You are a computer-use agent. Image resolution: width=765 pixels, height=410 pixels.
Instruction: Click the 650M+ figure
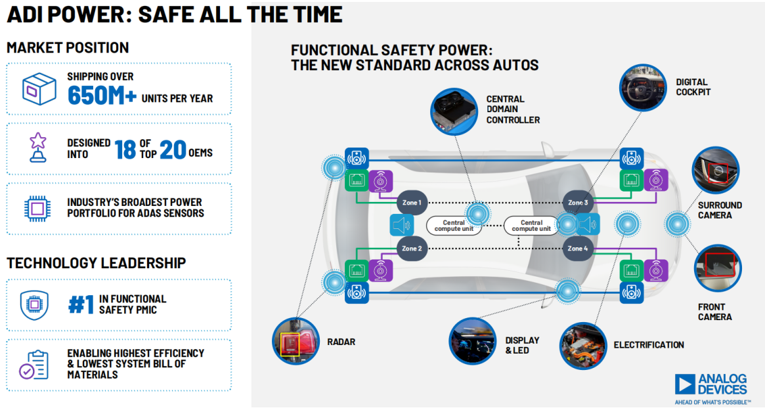click(x=102, y=95)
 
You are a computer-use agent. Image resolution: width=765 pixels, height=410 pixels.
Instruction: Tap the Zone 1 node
click(x=412, y=203)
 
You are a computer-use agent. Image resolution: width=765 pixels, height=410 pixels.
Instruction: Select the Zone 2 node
click(x=412, y=249)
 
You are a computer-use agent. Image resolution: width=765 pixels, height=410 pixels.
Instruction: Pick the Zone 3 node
click(x=578, y=203)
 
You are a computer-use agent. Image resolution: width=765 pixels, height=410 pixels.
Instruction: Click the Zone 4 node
click(x=578, y=249)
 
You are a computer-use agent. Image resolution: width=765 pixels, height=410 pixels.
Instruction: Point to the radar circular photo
click(x=295, y=341)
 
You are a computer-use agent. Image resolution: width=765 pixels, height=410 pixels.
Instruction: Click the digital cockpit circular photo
click(x=643, y=88)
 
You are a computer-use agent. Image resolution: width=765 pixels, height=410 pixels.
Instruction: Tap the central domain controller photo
click(x=454, y=112)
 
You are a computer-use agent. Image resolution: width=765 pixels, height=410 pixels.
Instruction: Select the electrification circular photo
click(x=583, y=346)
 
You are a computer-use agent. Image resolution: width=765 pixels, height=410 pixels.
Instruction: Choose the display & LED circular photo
click(x=472, y=341)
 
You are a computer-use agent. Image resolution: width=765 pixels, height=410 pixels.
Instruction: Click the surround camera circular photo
click(x=716, y=171)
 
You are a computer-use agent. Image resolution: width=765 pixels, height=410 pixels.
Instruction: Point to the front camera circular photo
click(x=718, y=268)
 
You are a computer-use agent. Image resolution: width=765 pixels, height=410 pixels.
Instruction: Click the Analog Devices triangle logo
click(x=685, y=384)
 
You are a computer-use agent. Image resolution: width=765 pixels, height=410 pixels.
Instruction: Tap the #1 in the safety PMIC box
click(x=81, y=305)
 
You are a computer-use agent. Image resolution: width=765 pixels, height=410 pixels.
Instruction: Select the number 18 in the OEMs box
click(x=125, y=150)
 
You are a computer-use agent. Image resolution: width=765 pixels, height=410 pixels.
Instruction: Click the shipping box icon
click(x=39, y=89)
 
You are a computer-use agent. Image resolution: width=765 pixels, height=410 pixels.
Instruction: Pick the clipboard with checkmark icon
click(x=34, y=365)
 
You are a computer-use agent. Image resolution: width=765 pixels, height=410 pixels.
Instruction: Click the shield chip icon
click(x=34, y=305)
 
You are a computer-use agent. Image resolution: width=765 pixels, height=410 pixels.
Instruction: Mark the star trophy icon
click(x=38, y=147)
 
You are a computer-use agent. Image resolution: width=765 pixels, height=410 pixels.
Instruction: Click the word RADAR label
click(x=341, y=342)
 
